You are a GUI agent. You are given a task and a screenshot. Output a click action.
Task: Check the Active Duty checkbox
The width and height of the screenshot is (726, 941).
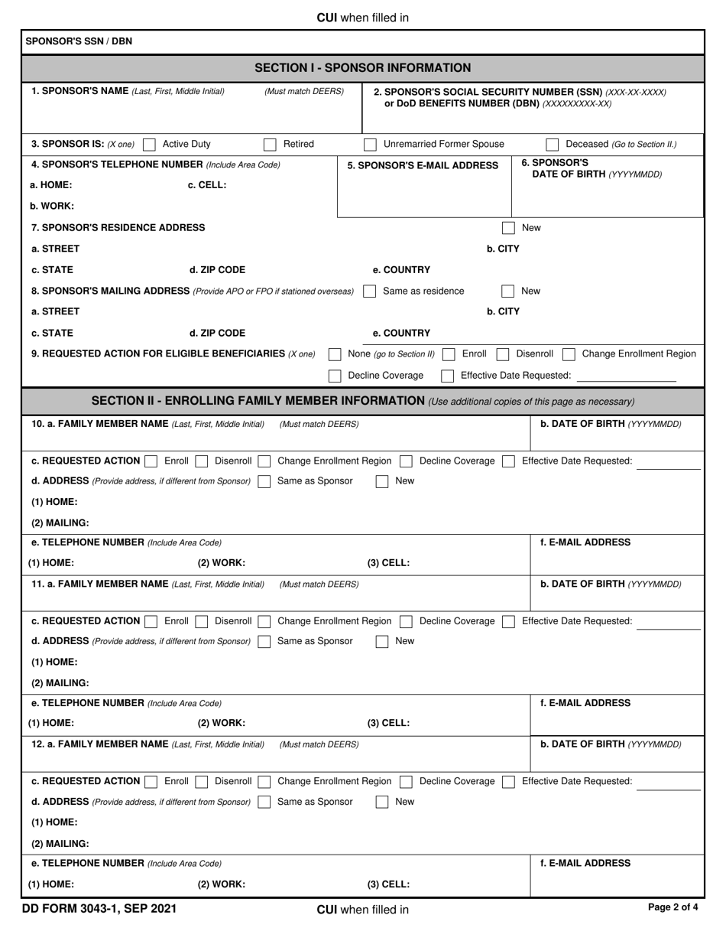[x=150, y=144]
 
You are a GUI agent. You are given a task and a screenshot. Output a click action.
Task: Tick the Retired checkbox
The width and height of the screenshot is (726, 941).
[x=270, y=144]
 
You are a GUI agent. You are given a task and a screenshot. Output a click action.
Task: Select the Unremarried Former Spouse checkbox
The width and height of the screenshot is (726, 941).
[x=370, y=144]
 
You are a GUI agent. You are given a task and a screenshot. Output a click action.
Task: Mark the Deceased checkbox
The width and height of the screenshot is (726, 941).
[x=553, y=144]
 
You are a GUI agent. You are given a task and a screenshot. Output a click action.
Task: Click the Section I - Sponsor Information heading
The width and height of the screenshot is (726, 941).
[x=362, y=68]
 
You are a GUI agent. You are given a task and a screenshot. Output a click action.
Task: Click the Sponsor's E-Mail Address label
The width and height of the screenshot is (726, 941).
[x=423, y=165]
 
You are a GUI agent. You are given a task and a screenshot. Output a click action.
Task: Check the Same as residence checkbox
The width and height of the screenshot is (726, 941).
[x=370, y=291]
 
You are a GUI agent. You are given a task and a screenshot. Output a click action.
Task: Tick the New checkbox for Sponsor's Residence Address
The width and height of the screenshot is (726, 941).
[x=508, y=228]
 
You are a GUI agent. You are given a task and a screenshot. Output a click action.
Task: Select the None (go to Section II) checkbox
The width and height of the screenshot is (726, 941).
[x=335, y=354]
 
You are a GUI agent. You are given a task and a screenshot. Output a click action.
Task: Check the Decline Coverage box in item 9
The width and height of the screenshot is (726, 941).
[x=335, y=376]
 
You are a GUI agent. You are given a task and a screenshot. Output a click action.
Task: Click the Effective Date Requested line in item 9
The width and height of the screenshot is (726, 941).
[x=627, y=376]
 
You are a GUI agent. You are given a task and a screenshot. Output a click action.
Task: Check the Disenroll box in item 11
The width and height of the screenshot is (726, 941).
[x=202, y=621]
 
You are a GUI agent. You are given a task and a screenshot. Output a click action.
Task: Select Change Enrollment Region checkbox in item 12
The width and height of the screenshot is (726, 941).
[x=264, y=782]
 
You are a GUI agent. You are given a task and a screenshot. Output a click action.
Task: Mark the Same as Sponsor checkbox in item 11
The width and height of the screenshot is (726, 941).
[x=264, y=641]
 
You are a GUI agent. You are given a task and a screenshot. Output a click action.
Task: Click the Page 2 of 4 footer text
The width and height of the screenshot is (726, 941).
[x=673, y=908]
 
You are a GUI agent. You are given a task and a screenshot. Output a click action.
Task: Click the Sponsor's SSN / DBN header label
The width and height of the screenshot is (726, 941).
[x=79, y=41]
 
